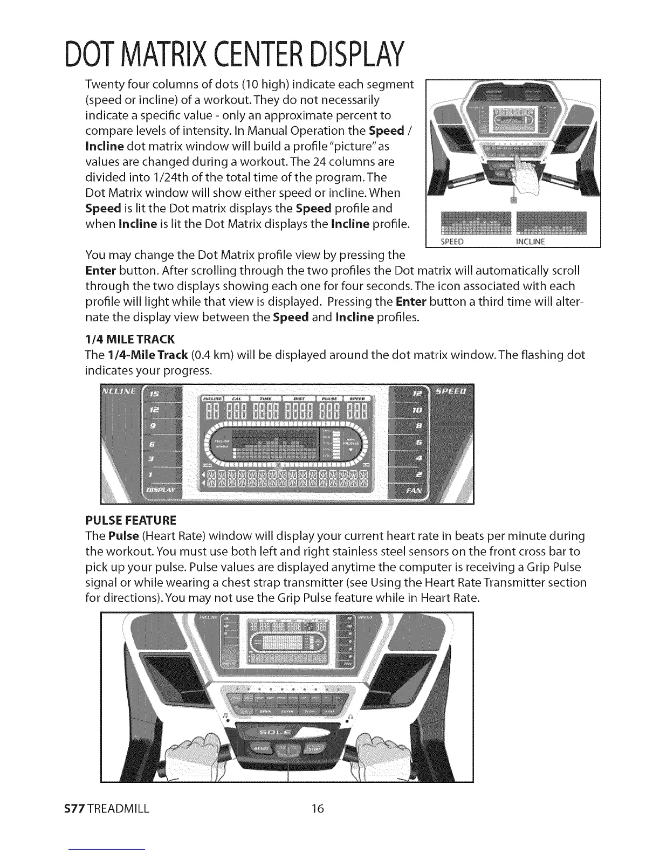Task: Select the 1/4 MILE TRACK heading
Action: pos(129,339)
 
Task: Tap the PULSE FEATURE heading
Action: pos(130,521)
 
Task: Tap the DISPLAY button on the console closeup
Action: pos(163,491)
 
